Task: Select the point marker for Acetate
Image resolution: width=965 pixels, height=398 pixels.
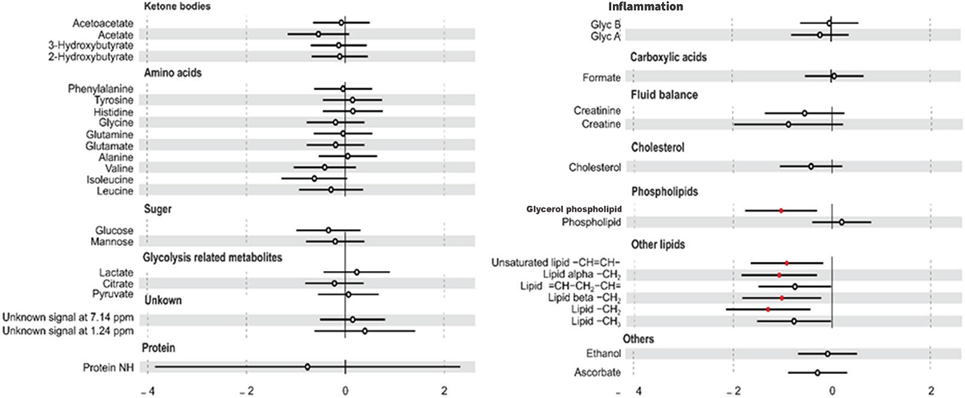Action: click(x=318, y=35)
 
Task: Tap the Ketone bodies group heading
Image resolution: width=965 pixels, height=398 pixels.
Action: click(x=177, y=6)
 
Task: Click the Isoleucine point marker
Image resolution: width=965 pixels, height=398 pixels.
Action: click(x=314, y=178)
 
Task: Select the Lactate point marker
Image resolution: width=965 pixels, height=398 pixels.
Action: click(x=357, y=273)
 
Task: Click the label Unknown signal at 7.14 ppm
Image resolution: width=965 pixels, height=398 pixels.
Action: click(x=70, y=319)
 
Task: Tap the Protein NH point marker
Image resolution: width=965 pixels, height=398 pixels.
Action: click(x=307, y=367)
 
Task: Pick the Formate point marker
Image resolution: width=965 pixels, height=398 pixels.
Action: click(x=834, y=76)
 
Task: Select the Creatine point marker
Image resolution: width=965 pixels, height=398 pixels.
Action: click(x=788, y=125)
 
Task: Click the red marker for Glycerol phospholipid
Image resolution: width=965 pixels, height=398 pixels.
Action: click(x=781, y=211)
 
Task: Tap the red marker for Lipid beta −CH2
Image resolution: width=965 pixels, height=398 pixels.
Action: click(x=782, y=297)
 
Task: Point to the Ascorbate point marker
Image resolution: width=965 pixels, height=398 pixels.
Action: click(x=817, y=372)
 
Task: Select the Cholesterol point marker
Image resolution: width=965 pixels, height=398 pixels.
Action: click(x=811, y=166)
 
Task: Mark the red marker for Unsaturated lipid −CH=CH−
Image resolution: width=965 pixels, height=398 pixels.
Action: click(x=786, y=263)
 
